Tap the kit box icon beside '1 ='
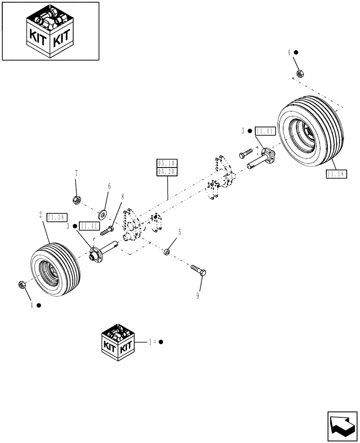[118, 342]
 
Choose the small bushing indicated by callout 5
[166, 252]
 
